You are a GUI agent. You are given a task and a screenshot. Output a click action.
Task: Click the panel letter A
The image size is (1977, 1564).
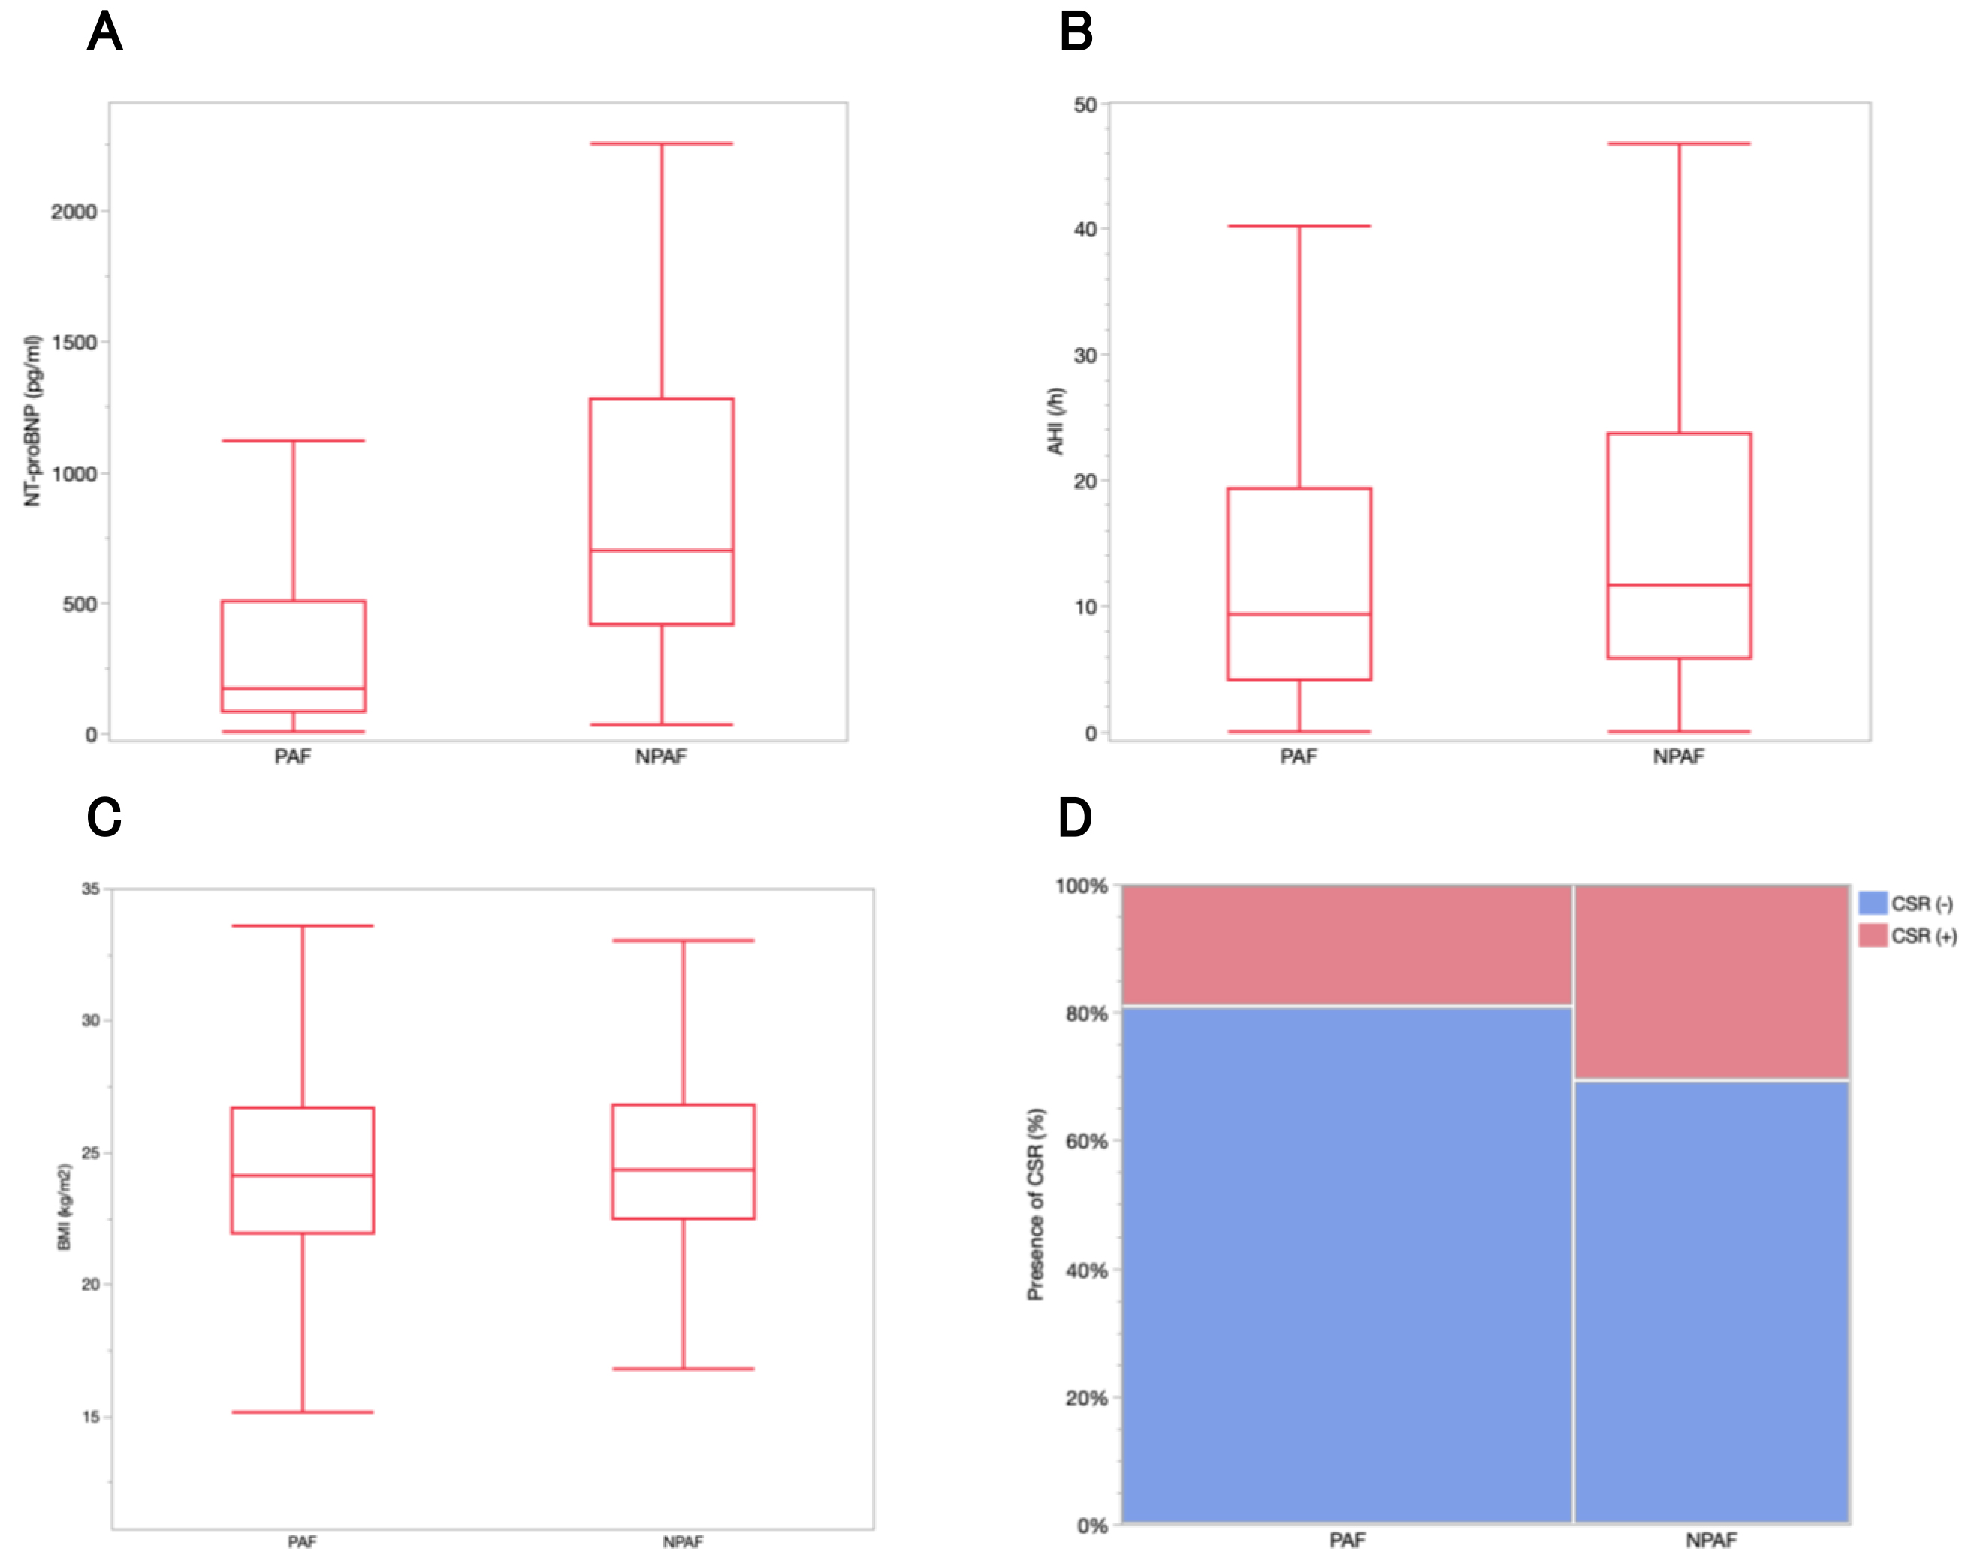point(104,32)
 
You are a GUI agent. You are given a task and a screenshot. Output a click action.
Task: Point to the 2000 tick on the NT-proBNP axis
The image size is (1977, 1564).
point(74,212)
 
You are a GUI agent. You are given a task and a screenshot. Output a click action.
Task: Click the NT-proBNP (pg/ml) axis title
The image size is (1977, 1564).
point(33,421)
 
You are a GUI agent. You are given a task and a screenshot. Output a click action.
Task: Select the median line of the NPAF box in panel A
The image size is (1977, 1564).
point(661,551)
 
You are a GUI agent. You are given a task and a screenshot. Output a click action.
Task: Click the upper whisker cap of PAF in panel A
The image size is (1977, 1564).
point(293,440)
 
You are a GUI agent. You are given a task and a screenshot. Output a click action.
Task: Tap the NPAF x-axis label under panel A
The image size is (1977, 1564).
point(660,756)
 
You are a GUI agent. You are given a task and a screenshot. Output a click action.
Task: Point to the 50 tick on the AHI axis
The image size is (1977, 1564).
point(1085,105)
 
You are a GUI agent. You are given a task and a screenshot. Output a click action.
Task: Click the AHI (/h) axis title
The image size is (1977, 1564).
point(1056,421)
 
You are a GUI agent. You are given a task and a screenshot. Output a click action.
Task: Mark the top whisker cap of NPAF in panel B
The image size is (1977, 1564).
point(1679,143)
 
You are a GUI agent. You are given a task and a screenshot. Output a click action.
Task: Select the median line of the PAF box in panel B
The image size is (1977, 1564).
point(1299,614)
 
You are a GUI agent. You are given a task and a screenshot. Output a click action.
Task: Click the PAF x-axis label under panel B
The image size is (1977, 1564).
point(1299,756)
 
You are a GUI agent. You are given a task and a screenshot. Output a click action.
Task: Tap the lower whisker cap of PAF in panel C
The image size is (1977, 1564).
point(302,1412)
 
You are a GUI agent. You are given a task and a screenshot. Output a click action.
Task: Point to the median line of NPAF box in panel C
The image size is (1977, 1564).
point(683,1170)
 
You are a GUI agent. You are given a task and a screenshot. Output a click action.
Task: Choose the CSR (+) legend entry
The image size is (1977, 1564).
point(1909,936)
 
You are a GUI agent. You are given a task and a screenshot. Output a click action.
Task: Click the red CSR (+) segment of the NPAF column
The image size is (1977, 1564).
point(1710,982)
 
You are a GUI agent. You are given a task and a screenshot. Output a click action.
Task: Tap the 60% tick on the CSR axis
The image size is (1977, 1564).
point(1087,1142)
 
